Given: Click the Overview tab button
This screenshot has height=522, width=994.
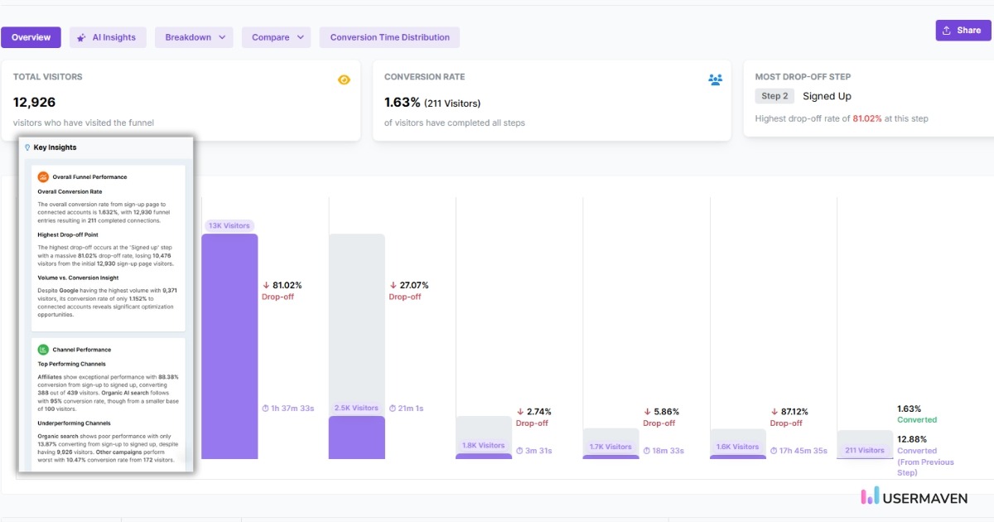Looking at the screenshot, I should point(31,37).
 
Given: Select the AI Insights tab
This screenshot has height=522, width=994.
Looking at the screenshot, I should point(108,37).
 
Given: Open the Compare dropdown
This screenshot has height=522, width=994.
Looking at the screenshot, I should point(276,37).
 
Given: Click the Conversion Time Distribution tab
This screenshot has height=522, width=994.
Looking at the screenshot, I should point(389,37).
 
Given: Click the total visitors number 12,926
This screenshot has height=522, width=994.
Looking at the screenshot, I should point(35,102).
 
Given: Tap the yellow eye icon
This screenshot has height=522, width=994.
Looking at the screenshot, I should point(344,80).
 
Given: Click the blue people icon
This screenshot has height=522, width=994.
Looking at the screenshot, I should point(715,80).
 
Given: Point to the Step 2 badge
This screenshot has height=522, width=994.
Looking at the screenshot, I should point(774,96).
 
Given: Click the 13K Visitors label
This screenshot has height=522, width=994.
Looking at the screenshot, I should point(229,225).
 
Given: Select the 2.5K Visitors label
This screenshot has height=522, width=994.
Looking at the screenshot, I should point(356,408).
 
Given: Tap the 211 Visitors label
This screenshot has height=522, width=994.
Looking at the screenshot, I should point(865,451).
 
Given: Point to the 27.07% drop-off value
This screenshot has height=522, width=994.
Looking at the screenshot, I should point(408,285).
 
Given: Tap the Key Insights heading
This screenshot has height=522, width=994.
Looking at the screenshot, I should point(55,147).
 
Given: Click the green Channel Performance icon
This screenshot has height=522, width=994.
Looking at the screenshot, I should point(43,350).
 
